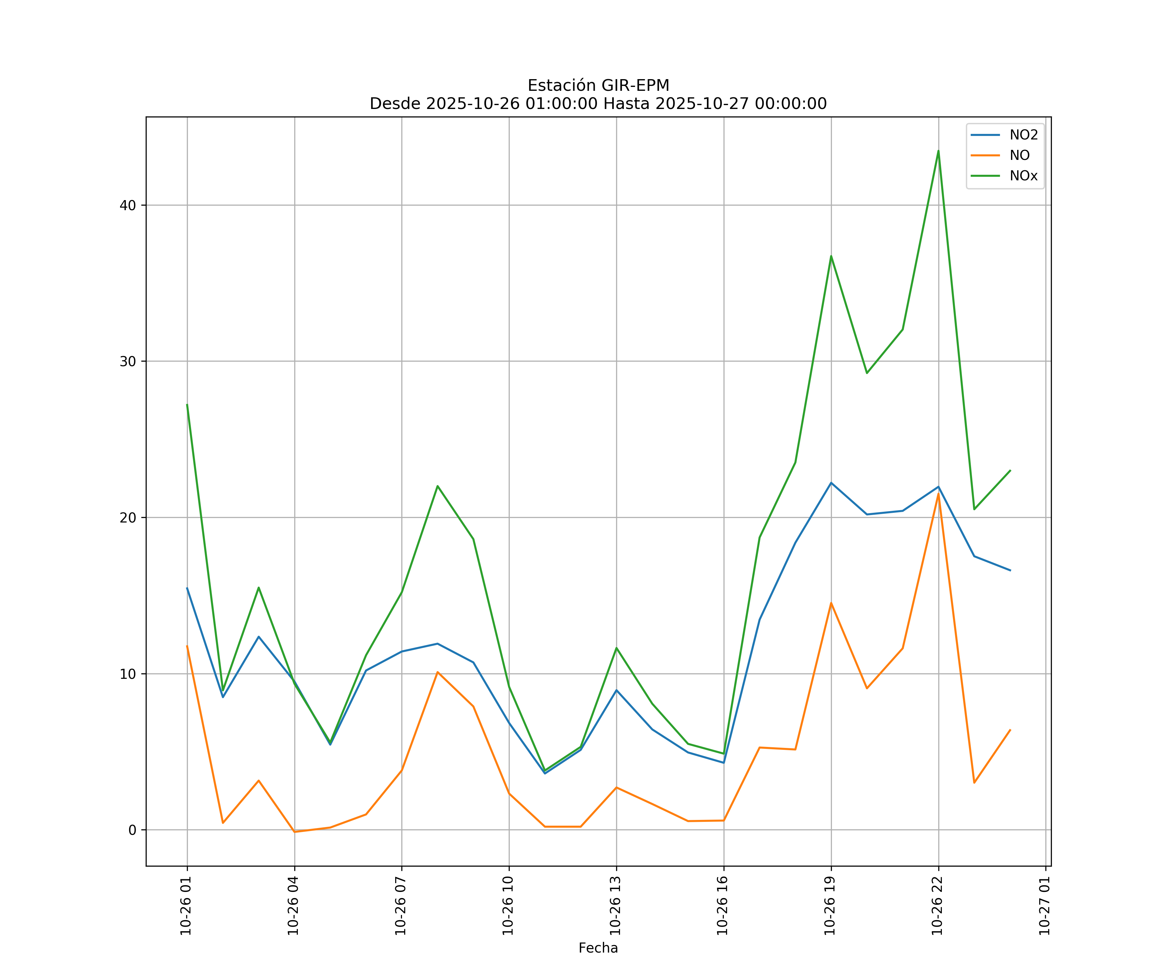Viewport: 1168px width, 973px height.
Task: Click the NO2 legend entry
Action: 1023,135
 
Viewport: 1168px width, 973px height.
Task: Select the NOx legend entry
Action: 1023,176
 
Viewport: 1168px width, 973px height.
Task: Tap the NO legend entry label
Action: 1019,156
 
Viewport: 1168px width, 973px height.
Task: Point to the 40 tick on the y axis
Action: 128,205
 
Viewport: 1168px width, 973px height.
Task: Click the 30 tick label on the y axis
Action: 128,361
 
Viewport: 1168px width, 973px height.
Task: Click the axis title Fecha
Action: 598,948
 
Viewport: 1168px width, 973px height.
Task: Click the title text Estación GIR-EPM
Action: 598,86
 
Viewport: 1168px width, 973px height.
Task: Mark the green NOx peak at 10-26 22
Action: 938,151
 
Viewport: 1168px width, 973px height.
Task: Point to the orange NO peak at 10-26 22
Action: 938,493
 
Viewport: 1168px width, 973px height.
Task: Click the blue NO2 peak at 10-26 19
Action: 831,483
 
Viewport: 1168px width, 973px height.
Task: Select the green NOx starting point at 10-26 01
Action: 188,405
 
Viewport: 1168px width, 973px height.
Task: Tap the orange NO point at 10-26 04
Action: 295,832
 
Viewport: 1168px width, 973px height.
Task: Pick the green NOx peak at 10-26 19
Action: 831,256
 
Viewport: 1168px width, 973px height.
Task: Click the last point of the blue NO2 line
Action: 1010,571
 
